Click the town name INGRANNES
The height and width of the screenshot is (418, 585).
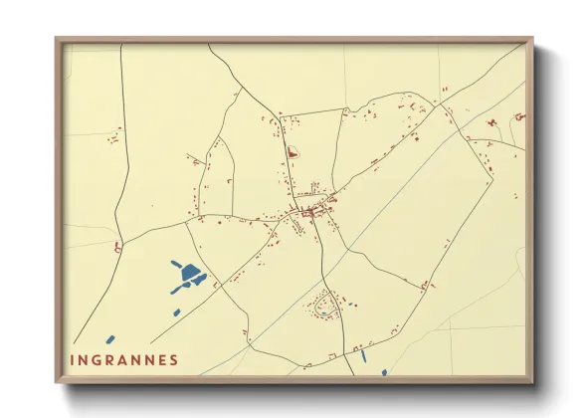point(124,360)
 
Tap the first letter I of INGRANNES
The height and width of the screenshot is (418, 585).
point(73,360)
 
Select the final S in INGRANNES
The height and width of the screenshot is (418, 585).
point(175,360)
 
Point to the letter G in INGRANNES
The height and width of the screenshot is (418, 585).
point(97,360)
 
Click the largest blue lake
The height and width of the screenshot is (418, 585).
point(189,273)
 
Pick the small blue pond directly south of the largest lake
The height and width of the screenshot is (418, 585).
point(178,312)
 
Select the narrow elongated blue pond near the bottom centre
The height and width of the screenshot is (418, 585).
point(364,354)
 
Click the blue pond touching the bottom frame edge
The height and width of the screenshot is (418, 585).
point(384,373)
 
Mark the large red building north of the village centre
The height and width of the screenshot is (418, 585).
point(292,153)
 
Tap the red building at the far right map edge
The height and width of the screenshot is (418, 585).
point(519,116)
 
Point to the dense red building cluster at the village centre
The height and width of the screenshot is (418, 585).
point(311,211)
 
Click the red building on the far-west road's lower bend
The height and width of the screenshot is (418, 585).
point(117,246)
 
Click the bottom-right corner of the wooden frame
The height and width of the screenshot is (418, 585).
point(531,381)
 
